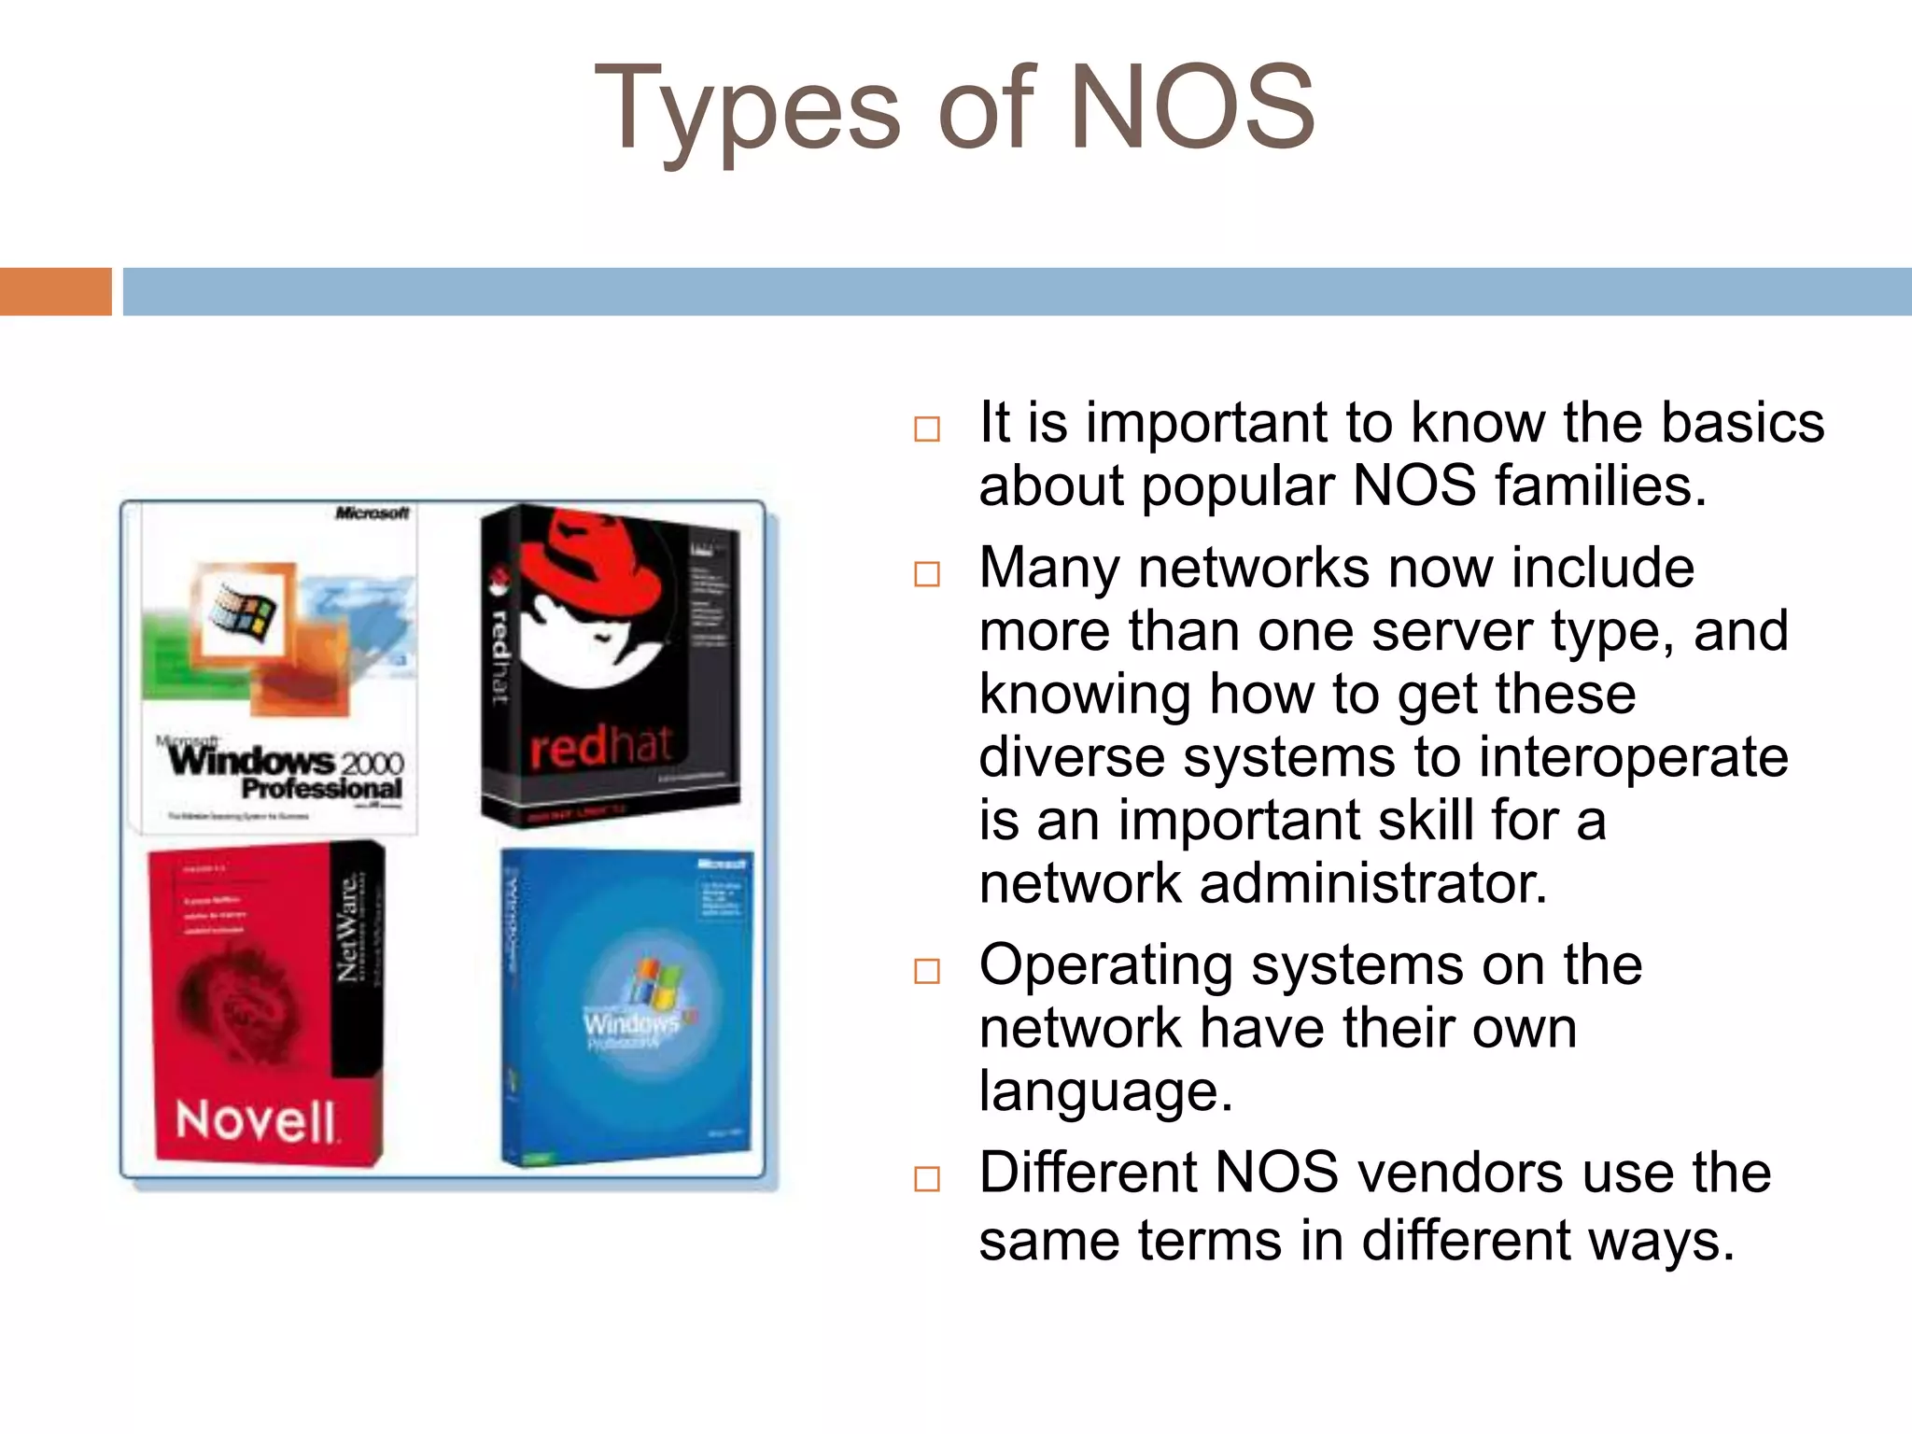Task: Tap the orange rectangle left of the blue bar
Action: pos(55,291)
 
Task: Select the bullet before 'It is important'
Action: pos(926,429)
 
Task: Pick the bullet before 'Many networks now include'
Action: pos(926,573)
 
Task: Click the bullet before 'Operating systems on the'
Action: pos(926,971)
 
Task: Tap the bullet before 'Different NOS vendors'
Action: pos(926,1178)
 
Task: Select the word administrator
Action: pos(1373,883)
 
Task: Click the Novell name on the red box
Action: pos(256,1120)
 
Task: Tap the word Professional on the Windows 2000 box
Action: pos(321,789)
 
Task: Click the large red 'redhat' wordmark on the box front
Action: pos(600,747)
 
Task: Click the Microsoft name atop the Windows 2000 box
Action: pos(372,513)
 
